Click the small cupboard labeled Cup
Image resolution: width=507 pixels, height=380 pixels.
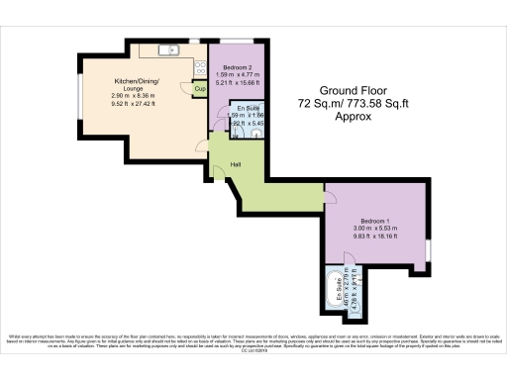(199, 89)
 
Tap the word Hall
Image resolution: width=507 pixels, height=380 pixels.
(237, 164)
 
